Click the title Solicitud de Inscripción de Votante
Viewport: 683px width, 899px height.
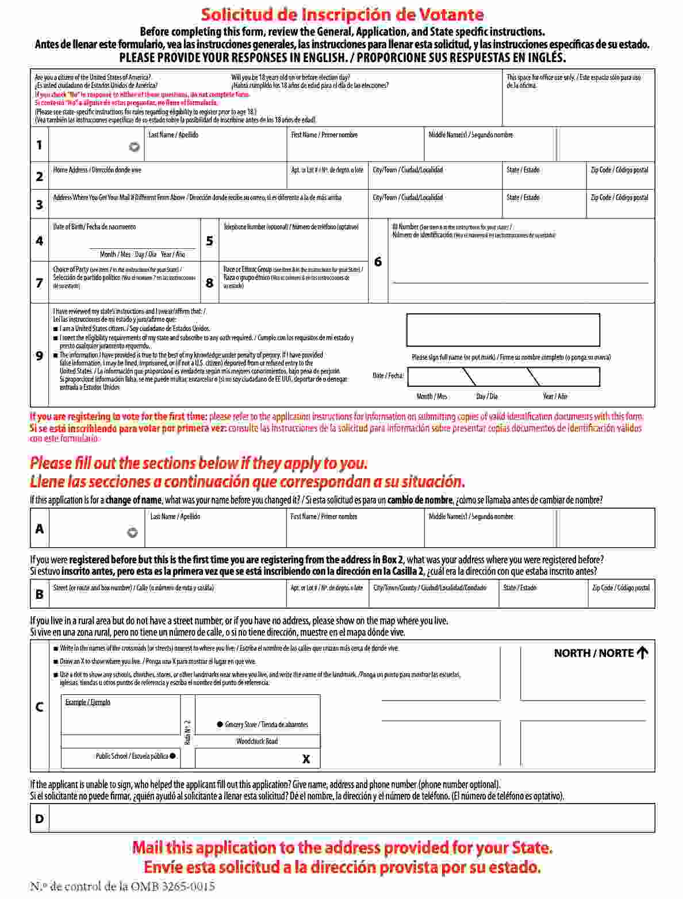pyautogui.click(x=342, y=14)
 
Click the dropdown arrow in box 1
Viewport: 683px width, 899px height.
pyautogui.click(x=134, y=147)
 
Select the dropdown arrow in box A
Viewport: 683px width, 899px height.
pyautogui.click(x=132, y=533)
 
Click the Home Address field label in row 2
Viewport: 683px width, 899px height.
pyautogui.click(x=97, y=170)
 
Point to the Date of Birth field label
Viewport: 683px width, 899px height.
pyautogui.click(x=94, y=227)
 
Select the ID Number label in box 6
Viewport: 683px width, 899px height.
pyautogui.click(x=405, y=227)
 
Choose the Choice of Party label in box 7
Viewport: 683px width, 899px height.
pyautogui.click(x=71, y=270)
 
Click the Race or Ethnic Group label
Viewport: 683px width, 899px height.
pyautogui.click(x=247, y=269)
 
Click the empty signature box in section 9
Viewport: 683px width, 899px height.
pyautogui.click(x=502, y=330)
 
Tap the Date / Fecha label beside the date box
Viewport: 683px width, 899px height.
pyautogui.click(x=388, y=376)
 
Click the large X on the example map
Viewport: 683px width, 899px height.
pyautogui.click(x=306, y=759)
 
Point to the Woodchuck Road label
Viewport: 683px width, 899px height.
pyautogui.click(x=256, y=742)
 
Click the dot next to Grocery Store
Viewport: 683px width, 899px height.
pyautogui.click(x=220, y=724)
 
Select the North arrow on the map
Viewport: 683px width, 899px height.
pyautogui.click(x=642, y=652)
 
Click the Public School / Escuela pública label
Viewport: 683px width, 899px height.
pyautogui.click(x=132, y=756)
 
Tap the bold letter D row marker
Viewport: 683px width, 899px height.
pyautogui.click(x=39, y=819)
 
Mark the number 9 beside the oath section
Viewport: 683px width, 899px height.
pyautogui.click(x=39, y=356)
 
